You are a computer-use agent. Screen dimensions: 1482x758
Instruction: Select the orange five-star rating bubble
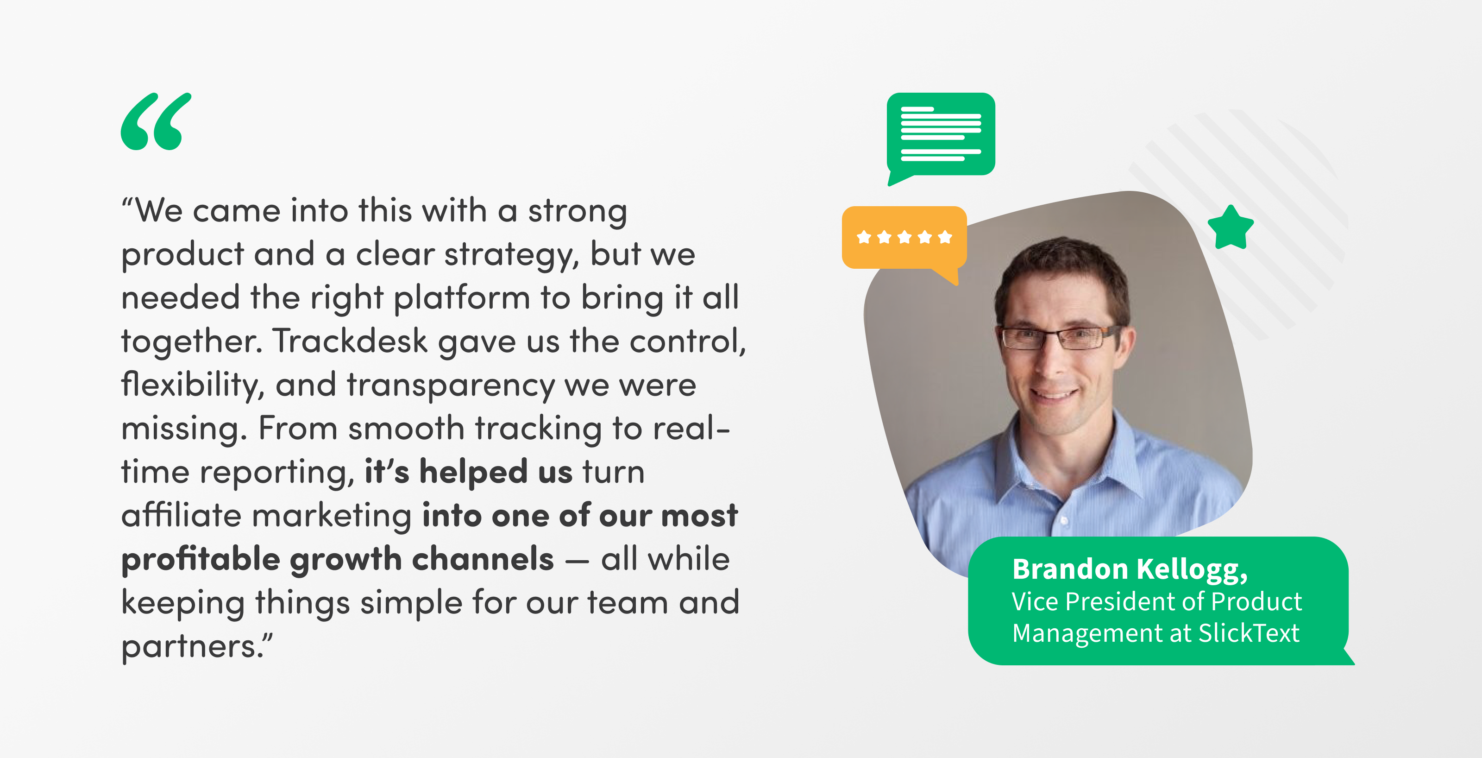(904, 242)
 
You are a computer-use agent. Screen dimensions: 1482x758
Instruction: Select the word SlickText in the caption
(1249, 633)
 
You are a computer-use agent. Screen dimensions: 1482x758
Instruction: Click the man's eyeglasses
(1059, 337)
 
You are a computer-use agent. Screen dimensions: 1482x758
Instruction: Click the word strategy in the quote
(512, 255)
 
